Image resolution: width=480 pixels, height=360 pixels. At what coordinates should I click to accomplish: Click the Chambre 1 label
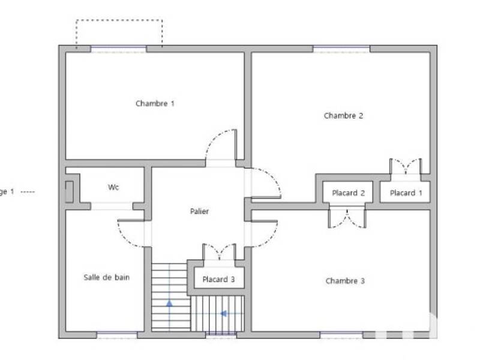(x=155, y=103)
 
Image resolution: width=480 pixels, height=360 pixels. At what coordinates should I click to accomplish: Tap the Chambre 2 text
(x=343, y=116)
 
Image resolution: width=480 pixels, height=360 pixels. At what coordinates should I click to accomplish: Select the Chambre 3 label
(x=345, y=281)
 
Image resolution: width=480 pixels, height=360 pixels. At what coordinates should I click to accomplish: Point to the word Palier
(x=199, y=211)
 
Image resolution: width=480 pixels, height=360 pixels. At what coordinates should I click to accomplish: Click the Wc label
(x=113, y=187)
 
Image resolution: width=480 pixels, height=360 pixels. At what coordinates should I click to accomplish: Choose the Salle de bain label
(x=106, y=277)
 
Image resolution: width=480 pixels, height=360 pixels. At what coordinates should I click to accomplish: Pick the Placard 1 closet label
(x=406, y=193)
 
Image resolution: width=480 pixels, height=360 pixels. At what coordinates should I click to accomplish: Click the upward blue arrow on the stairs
(x=169, y=304)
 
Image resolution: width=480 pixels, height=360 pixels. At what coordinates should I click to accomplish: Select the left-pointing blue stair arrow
(x=223, y=313)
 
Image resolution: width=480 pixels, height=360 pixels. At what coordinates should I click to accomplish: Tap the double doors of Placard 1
(x=406, y=167)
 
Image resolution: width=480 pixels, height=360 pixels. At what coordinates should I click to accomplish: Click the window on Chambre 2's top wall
(x=341, y=49)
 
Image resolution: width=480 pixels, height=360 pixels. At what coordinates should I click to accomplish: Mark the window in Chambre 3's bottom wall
(x=341, y=335)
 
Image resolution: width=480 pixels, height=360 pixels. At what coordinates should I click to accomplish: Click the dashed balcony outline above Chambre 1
(x=119, y=21)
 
